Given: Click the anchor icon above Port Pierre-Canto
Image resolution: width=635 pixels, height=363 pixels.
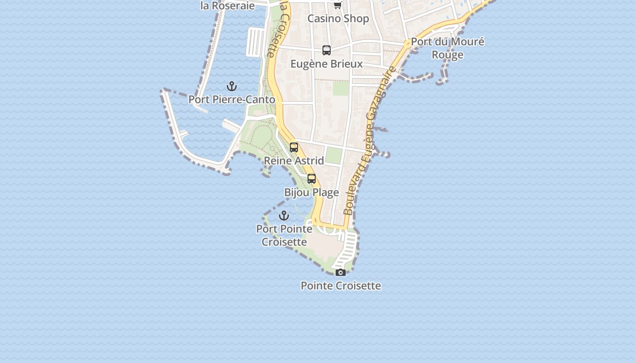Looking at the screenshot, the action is click(232, 86).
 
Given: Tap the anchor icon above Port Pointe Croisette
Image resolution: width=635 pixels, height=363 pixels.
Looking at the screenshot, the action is click(284, 216).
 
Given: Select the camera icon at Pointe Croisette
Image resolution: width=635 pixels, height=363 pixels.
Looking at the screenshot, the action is click(341, 272).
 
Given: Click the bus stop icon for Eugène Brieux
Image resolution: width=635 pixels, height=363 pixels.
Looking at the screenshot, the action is click(327, 50).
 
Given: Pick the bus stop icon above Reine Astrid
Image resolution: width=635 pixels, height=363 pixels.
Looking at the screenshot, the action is click(294, 147).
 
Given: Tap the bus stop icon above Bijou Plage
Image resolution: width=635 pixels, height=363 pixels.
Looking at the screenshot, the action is click(312, 179).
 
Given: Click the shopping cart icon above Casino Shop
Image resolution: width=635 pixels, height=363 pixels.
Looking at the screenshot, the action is click(338, 5).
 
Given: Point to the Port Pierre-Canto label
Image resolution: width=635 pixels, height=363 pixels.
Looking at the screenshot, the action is click(232, 99).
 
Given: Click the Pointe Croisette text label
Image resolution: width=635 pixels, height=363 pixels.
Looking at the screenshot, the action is click(341, 286).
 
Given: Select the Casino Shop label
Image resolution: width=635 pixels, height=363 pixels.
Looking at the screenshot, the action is click(338, 19).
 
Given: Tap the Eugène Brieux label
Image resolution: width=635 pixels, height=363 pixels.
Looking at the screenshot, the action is click(327, 64).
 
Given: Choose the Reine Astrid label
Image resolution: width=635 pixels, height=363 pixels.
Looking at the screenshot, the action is click(294, 161).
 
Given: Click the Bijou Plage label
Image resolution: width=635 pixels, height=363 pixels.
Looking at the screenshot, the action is click(312, 192).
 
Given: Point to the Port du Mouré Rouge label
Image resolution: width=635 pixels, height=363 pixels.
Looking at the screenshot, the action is click(448, 48).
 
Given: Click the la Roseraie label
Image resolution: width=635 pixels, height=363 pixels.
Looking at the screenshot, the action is click(228, 6).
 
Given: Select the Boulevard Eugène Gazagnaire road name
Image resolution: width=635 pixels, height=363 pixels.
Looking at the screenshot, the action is click(369, 141).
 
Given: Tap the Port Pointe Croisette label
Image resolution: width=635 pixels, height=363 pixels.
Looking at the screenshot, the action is click(284, 235).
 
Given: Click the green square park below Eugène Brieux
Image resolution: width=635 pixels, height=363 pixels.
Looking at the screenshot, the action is click(341, 88).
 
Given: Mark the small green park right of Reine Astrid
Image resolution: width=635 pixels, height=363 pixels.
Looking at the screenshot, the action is click(334, 156).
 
